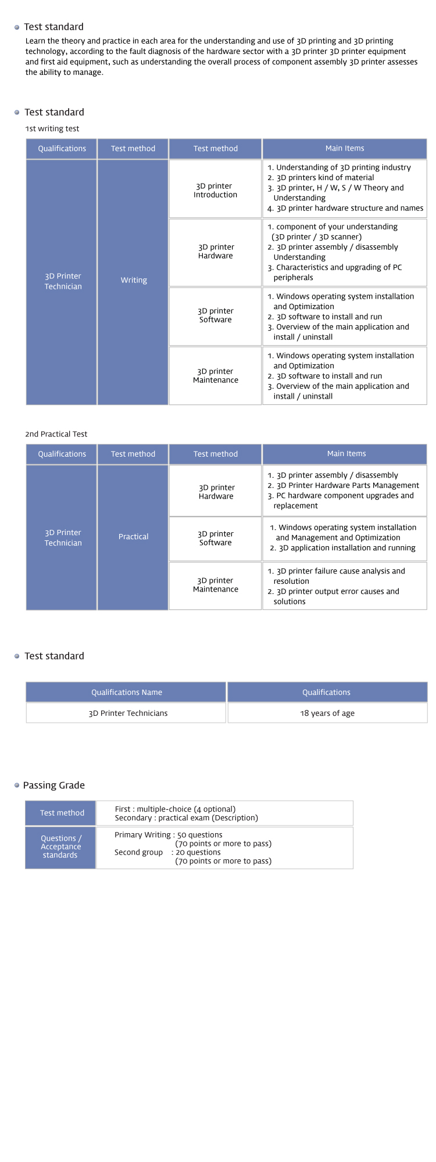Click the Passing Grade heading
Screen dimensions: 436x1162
pos(54,785)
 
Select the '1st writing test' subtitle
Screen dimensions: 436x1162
pos(52,128)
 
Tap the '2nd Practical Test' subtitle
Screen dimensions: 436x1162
pos(56,434)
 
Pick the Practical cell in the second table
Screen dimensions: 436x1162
pos(133,537)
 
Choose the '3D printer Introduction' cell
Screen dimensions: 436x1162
pos(215,190)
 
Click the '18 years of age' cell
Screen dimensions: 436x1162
pos(327,713)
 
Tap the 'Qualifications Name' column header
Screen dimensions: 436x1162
pos(126,692)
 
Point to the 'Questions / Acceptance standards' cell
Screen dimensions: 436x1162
pos(60,847)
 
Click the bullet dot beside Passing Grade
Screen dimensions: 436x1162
pos(17,786)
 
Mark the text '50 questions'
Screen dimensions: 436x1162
pos(200,835)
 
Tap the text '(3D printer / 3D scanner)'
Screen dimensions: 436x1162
pos(317,236)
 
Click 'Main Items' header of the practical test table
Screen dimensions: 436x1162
pos(346,454)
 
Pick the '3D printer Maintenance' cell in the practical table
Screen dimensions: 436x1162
pos(215,585)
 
